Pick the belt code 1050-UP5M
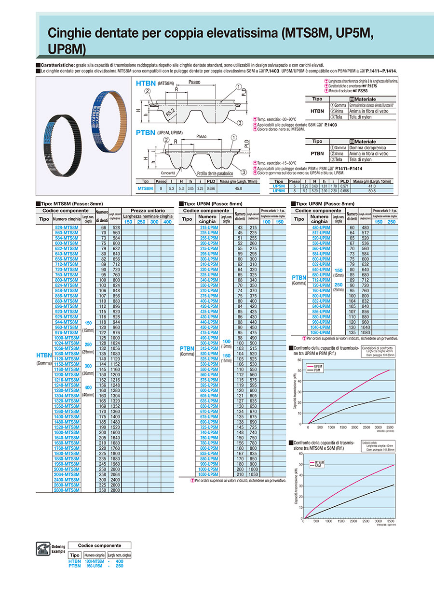pyautogui.click(x=209, y=474)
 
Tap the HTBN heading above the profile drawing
pyautogui.click(x=146, y=84)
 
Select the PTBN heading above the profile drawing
pyautogui.click(x=146, y=132)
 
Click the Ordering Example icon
pyautogui.click(x=44, y=548)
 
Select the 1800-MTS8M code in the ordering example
pyautogui.click(x=95, y=561)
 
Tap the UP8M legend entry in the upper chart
pyautogui.click(x=318, y=367)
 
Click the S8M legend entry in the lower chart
pyautogui.click(x=318, y=466)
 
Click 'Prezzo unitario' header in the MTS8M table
pyautogui.click(x=147, y=211)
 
